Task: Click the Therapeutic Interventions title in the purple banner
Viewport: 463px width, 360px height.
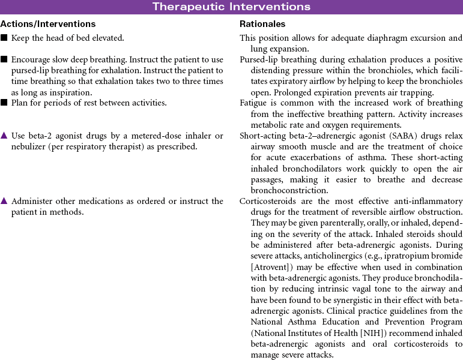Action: pos(231,7)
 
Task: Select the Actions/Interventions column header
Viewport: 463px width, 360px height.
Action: pos(48,25)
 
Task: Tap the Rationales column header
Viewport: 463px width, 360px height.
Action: pos(262,25)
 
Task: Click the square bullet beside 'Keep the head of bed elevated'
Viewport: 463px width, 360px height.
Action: pos(4,38)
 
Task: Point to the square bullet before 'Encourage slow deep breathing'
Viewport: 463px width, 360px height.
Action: pos(4,60)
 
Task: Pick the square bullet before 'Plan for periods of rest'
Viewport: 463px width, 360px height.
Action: pos(4,103)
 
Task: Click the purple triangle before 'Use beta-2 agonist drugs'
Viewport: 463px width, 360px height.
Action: pos(4,136)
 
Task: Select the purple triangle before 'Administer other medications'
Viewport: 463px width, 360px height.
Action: pos(4,202)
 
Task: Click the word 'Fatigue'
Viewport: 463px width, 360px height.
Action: pos(253,103)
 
